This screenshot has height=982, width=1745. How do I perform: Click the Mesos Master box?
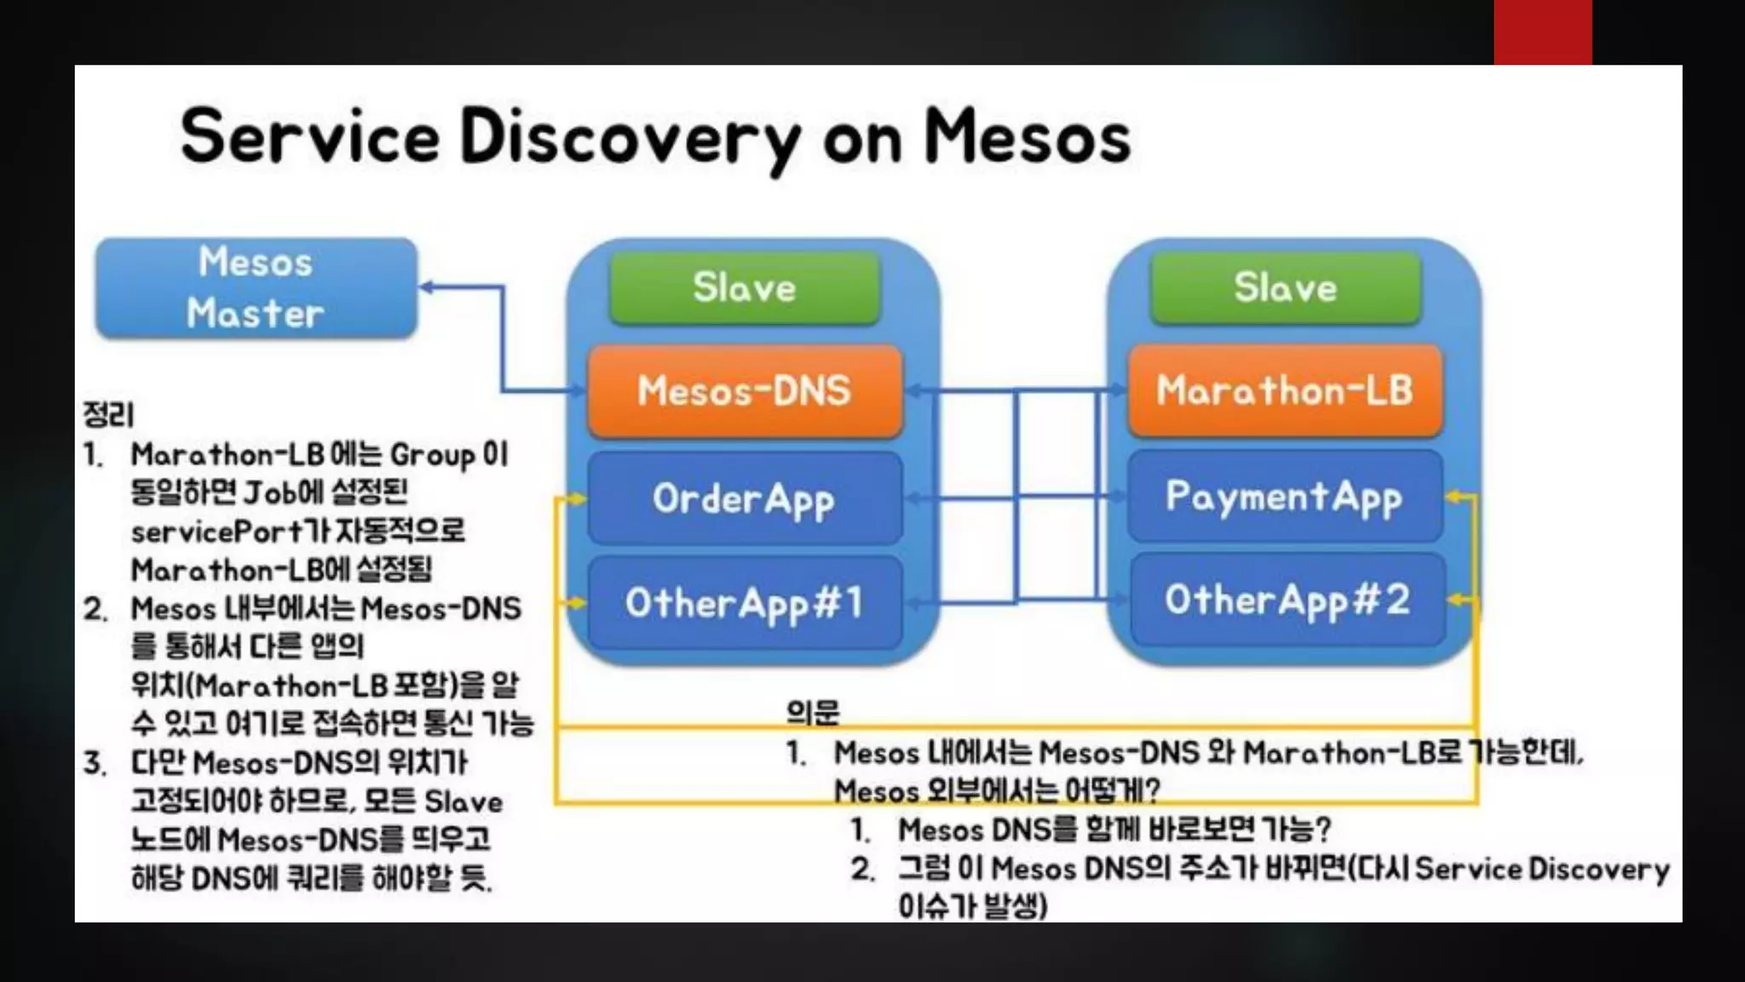pos(256,288)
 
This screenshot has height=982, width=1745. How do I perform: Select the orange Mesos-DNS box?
pos(744,391)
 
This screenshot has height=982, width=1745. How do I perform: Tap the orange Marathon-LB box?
pos(1284,391)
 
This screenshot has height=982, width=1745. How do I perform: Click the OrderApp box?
pos(744,499)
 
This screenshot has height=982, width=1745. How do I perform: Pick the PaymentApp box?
pos(1284,497)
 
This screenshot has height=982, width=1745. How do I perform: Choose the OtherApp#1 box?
pos(744,603)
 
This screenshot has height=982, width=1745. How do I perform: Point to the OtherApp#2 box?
pos(1287,600)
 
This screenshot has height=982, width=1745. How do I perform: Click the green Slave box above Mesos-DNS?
pos(744,288)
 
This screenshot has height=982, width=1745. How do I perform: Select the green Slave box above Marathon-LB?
pos(1285,288)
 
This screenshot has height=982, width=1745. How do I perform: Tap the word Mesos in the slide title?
pos(1027,136)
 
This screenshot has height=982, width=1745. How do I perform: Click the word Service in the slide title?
pos(310,136)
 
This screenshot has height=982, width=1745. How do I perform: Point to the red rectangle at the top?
pos(1542,32)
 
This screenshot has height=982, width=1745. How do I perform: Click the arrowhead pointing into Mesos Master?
pos(427,287)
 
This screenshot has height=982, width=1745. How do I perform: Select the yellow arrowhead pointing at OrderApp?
pos(579,499)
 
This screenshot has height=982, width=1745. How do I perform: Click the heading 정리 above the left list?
pos(108,415)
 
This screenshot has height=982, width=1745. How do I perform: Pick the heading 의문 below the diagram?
pos(812,712)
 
